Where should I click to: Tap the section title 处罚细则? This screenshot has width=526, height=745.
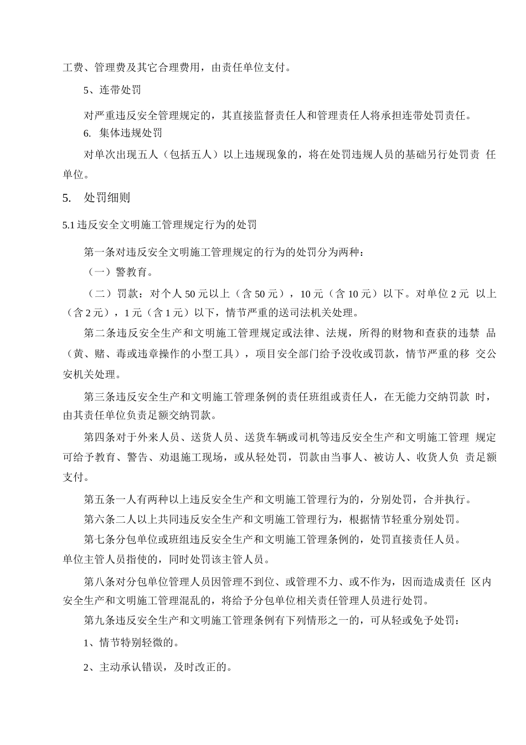(x=107, y=198)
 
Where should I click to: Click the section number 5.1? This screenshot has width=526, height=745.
(x=68, y=225)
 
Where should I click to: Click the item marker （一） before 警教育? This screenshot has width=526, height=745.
(x=99, y=273)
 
